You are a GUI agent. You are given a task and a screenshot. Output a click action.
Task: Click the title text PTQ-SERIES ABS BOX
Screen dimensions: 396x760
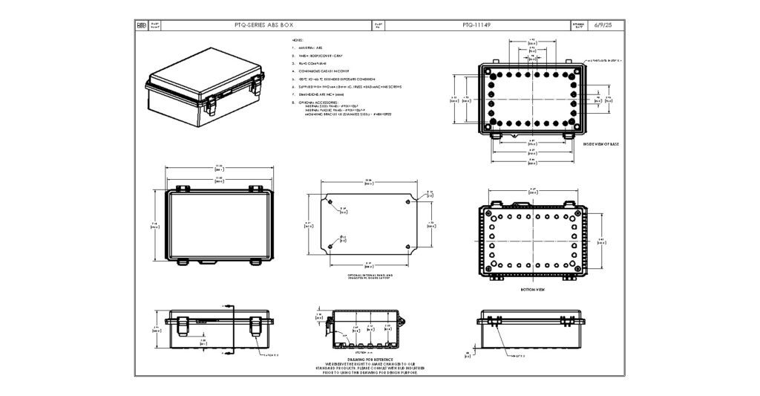pos(259,25)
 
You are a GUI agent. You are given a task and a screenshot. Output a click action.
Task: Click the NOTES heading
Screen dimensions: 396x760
pos(298,40)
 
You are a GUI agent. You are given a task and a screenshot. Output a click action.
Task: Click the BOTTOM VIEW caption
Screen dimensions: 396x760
pos(533,290)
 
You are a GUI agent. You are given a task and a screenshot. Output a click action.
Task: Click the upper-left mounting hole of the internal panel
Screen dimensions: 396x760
pos(329,199)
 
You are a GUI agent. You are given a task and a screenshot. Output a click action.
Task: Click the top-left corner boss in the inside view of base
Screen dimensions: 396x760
pos(491,73)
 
